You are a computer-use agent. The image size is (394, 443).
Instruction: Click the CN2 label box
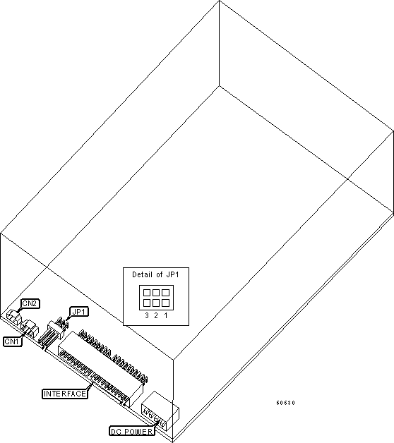pos(30,303)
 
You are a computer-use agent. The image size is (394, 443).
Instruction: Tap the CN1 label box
pos(12,341)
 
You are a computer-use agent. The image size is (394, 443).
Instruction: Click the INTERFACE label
pos(65,393)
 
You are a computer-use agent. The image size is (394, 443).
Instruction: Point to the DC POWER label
pos(131,430)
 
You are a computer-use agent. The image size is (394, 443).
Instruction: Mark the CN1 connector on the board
pos(29,329)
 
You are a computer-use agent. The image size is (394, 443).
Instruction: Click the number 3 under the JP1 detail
pos(146,315)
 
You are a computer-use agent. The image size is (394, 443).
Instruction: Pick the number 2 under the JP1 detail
pos(155,315)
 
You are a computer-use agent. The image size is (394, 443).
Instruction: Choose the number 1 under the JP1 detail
pos(165,315)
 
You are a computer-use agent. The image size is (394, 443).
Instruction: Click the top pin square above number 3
pos(146,291)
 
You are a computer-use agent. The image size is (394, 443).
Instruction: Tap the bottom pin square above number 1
pos(165,302)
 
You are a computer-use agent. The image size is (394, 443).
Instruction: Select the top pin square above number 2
pos(155,291)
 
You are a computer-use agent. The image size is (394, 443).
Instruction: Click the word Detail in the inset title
pos(143,274)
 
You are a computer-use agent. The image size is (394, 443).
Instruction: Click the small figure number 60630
pos(285,403)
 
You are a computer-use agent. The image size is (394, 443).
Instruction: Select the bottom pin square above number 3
pos(146,302)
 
